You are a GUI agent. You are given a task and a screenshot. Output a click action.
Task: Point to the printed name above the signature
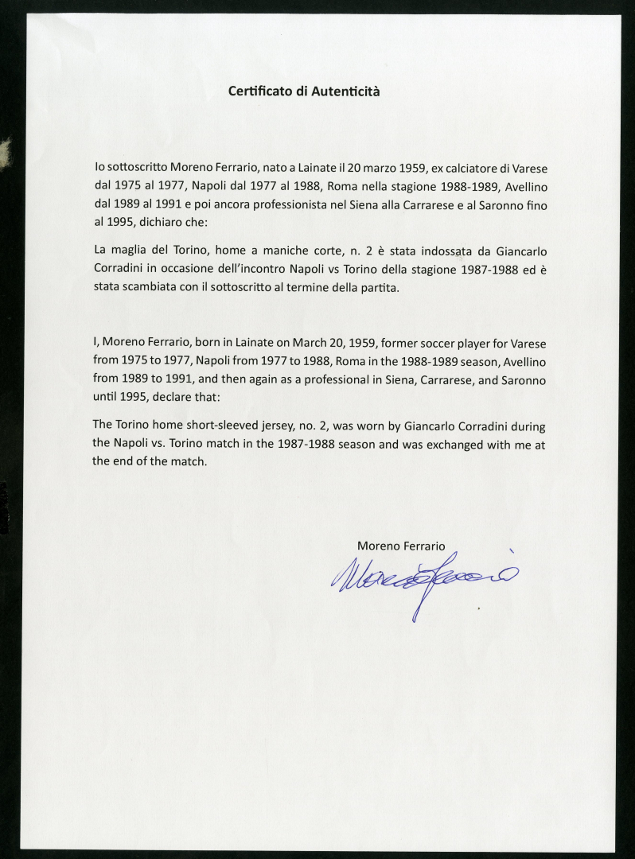[x=401, y=545]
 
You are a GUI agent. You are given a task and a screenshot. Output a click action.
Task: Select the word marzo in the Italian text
[x=380, y=169]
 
